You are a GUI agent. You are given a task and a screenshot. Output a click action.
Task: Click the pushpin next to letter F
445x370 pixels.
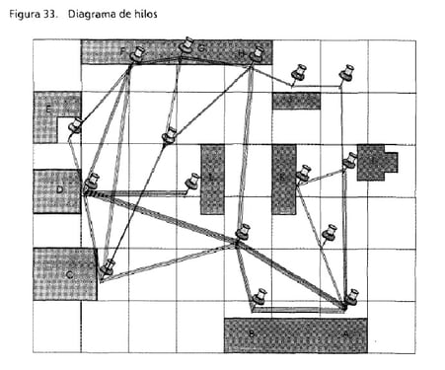coord(136,53)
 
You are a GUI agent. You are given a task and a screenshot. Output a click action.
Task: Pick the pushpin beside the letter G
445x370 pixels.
coord(186,45)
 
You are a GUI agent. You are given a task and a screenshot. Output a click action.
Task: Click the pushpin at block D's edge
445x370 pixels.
coord(91,183)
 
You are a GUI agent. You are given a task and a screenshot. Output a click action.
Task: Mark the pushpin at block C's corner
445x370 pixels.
coord(108,265)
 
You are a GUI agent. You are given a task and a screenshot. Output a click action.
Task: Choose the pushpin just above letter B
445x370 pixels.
coord(259,296)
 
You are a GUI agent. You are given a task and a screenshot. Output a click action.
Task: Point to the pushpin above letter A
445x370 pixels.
coord(351,296)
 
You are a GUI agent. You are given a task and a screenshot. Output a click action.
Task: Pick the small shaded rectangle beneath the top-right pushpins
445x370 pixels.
coord(296,101)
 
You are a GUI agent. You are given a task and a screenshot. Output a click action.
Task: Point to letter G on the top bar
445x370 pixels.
coord(201,46)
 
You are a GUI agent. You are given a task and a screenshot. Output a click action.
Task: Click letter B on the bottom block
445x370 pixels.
coord(253,334)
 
